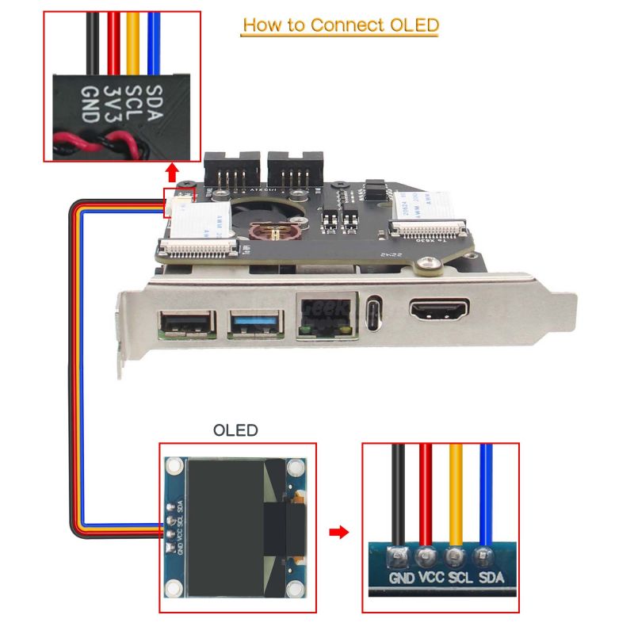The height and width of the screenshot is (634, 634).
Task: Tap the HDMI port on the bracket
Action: click(438, 310)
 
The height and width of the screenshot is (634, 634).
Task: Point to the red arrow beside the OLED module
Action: click(339, 532)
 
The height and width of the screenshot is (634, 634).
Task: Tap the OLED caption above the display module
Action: click(235, 430)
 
